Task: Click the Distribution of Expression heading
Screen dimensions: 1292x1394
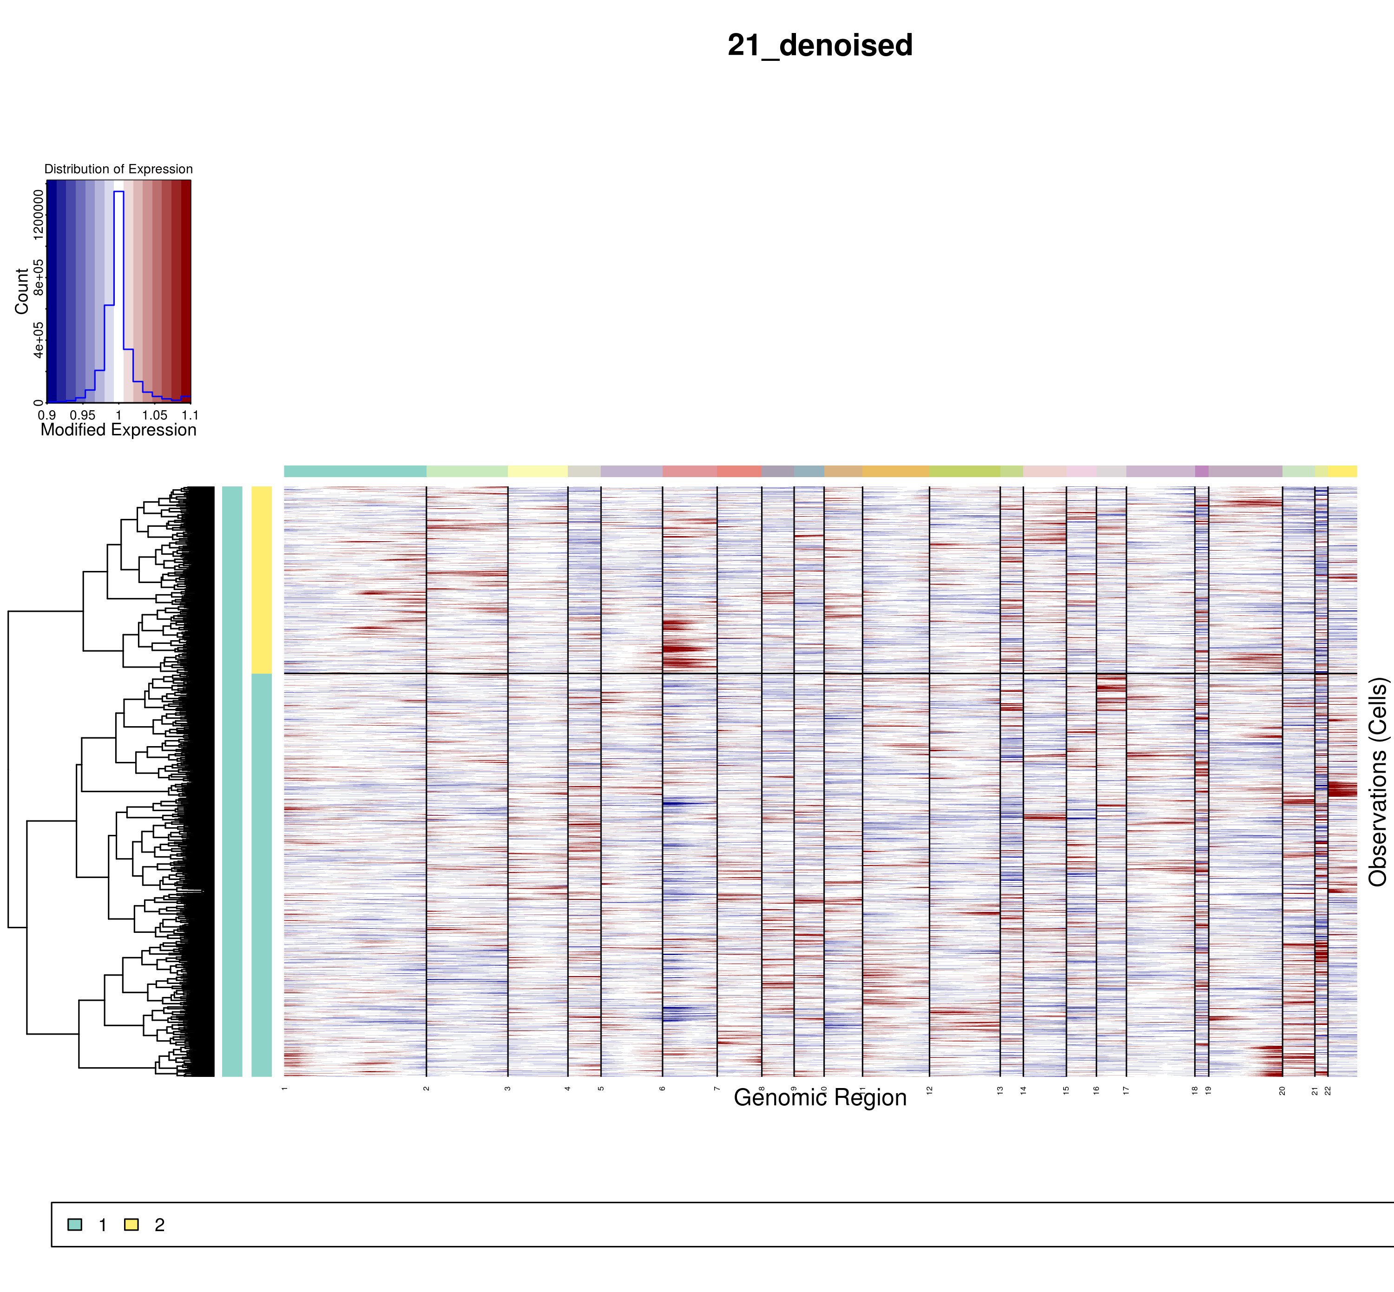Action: coord(118,169)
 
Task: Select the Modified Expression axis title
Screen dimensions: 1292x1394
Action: coord(118,430)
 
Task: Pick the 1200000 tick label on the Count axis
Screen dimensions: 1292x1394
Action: coord(39,215)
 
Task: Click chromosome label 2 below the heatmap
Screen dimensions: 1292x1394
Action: coord(427,1089)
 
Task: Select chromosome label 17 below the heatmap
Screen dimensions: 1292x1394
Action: coord(1126,1090)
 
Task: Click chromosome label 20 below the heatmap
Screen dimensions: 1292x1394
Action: coord(1282,1090)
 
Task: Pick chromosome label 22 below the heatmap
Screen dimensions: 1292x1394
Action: coord(1328,1090)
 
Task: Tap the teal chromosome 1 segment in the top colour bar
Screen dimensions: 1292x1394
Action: coord(355,471)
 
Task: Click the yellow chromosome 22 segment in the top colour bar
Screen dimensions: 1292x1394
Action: coord(1342,471)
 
